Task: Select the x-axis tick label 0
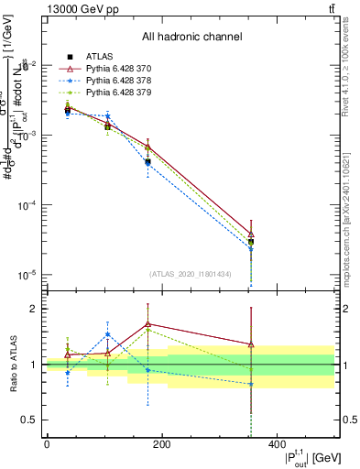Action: pyautogui.click(x=47, y=444)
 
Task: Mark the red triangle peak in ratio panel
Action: pyautogui.click(x=147, y=323)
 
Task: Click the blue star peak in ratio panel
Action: pyautogui.click(x=108, y=334)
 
